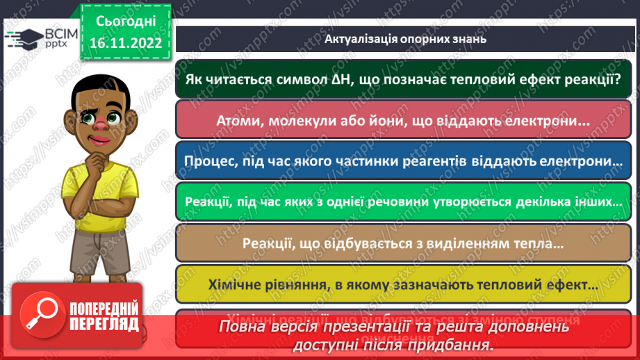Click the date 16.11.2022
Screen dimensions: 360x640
tap(126, 43)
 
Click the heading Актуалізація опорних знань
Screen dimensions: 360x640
tap(405, 39)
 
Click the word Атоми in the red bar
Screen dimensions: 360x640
tap(241, 120)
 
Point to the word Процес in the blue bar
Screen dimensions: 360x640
tap(211, 161)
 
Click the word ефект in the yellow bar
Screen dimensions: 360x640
tap(573, 284)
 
